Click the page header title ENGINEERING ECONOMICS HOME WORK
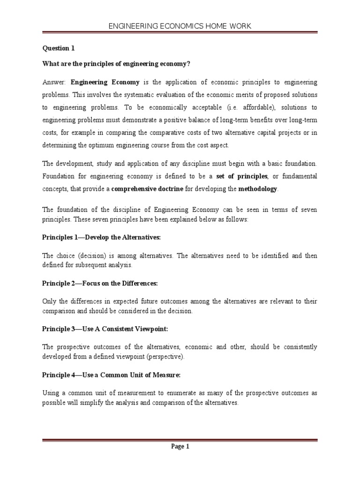point(180,26)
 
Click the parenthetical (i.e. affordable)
point(240,107)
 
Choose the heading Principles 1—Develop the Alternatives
point(101,238)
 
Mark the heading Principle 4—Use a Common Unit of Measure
point(111,375)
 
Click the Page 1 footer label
point(180,447)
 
